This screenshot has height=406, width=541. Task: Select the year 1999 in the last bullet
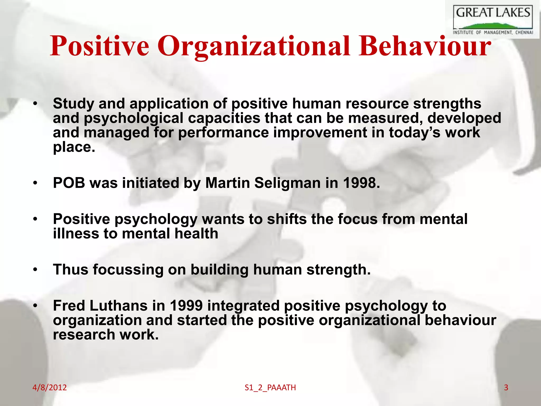(186, 306)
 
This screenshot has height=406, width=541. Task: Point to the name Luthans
(119, 306)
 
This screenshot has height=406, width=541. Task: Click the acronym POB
(69, 183)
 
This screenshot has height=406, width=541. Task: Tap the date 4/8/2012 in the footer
(49, 387)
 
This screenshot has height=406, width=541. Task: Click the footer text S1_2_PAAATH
(270, 388)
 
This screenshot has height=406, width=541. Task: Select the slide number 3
(506, 387)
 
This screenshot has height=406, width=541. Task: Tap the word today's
(414, 132)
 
